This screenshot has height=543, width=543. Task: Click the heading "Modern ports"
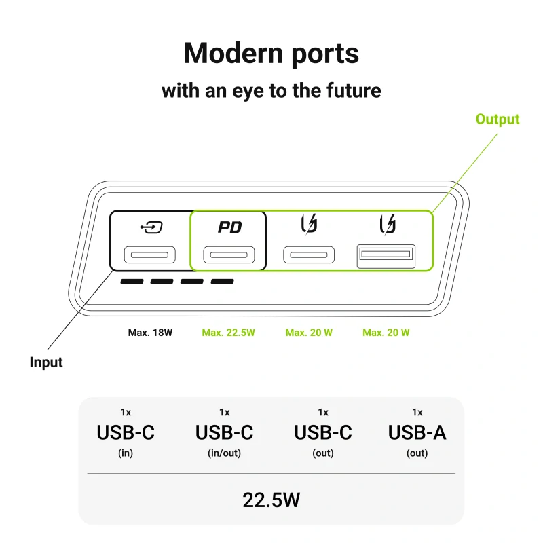click(271, 54)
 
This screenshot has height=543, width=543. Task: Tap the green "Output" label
click(498, 119)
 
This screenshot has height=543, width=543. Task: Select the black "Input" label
click(46, 362)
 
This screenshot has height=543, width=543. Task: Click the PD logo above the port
click(229, 227)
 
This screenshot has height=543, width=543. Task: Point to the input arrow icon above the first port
click(151, 227)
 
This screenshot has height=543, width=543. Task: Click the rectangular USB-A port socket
click(386, 257)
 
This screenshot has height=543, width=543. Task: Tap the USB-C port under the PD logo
click(229, 255)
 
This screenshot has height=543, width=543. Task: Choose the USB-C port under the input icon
click(149, 255)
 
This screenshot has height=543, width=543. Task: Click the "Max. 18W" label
click(150, 333)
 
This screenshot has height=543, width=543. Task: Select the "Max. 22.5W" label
click(228, 333)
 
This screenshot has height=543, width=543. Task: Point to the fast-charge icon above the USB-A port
click(388, 225)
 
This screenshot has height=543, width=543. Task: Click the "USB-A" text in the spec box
click(417, 432)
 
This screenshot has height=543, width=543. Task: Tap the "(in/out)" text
click(224, 453)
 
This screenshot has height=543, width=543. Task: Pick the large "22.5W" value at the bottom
click(271, 500)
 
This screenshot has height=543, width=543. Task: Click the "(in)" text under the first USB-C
click(126, 453)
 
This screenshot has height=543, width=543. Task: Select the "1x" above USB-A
click(417, 413)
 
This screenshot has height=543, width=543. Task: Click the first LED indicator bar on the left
click(132, 282)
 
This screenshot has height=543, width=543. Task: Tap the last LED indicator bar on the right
click(223, 282)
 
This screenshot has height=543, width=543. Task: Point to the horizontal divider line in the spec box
click(271, 473)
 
